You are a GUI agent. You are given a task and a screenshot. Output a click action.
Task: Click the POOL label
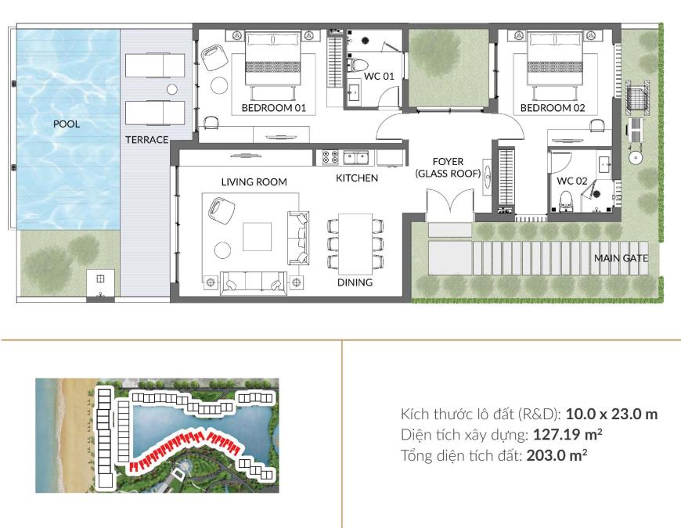(67, 124)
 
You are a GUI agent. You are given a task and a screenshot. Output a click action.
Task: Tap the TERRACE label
(147, 140)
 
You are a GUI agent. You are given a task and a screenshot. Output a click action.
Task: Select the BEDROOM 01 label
(274, 108)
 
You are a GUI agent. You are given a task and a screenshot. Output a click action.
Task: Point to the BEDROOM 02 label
(553, 108)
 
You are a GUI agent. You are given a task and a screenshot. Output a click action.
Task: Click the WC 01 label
(379, 77)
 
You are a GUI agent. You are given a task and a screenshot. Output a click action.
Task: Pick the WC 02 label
(572, 181)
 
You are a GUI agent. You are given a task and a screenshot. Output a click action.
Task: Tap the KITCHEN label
(357, 178)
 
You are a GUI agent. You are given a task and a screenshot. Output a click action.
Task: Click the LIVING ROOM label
(254, 182)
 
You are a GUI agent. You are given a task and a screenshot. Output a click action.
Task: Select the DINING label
(355, 282)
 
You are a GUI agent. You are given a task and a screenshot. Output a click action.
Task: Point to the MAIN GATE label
(621, 258)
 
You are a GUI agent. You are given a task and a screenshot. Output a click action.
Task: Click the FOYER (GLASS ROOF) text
(448, 167)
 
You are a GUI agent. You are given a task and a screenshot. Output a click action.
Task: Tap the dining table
(355, 243)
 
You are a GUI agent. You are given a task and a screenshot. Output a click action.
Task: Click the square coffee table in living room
(257, 236)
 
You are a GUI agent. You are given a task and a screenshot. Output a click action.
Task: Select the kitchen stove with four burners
(330, 157)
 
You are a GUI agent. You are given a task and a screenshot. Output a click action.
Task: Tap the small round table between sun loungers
(172, 89)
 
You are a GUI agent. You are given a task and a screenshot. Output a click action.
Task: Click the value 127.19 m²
(567, 434)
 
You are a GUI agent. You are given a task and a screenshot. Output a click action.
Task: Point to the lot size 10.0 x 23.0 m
(611, 414)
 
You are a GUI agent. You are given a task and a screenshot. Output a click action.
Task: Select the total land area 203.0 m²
(557, 455)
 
